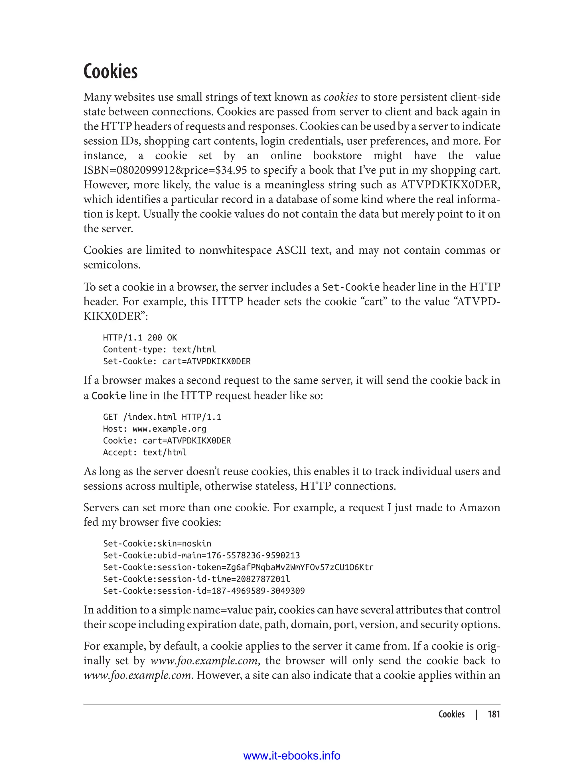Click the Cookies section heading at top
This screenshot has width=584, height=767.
click(111, 72)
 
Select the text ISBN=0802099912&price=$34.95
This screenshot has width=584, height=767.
click(165, 170)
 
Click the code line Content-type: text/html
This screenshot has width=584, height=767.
click(159, 350)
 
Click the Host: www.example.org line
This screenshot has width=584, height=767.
click(154, 429)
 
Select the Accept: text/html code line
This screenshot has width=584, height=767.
click(145, 453)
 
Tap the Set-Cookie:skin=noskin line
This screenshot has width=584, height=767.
click(157, 544)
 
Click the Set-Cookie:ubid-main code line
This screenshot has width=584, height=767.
click(201, 556)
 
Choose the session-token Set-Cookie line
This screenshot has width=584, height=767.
click(238, 567)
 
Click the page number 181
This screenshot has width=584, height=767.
click(494, 714)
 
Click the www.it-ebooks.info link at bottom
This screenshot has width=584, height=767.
click(292, 756)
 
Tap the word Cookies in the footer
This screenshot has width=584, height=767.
click(451, 714)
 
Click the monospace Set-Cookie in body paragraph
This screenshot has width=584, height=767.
click(351, 287)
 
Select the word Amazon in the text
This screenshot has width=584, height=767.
click(480, 508)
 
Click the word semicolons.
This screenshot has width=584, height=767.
click(112, 265)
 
